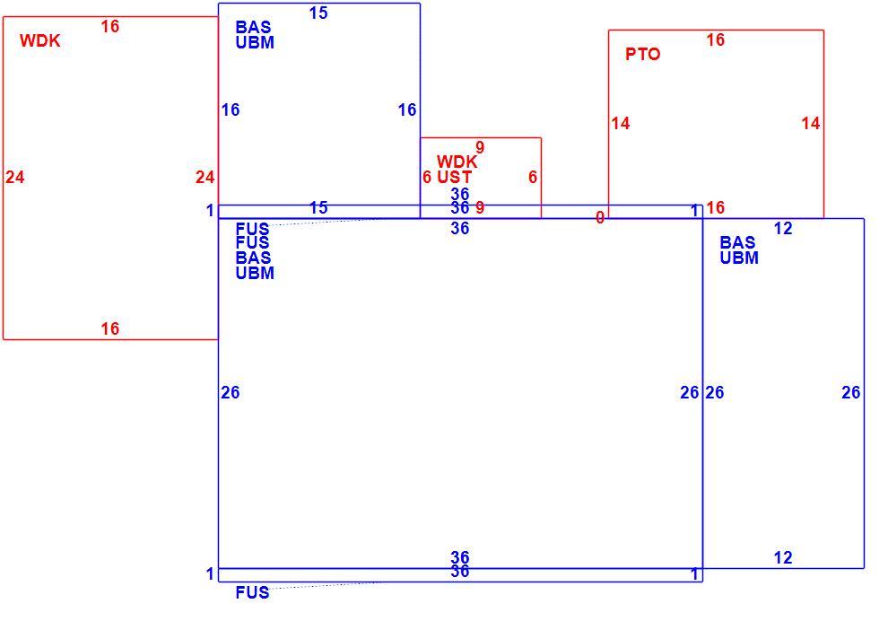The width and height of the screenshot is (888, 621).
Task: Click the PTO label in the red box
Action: pos(643,55)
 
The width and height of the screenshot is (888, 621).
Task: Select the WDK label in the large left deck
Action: pos(39,40)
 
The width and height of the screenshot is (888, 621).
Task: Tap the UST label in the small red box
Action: pos(454,178)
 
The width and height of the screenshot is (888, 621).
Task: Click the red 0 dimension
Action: pos(600,217)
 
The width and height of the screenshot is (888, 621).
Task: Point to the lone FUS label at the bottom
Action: pos(253,592)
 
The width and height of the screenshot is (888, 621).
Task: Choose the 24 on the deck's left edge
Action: pos(15,178)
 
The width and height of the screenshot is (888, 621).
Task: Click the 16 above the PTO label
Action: pos(715,39)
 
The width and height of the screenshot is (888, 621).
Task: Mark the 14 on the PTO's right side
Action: pos(811,124)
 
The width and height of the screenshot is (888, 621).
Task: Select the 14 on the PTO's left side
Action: pos(621,124)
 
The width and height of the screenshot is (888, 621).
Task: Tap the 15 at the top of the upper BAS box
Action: pos(318,13)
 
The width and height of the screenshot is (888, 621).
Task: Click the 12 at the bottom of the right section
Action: pos(783,558)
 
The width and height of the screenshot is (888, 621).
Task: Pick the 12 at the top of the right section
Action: pos(783,229)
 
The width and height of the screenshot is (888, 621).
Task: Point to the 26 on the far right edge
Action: pos(851,393)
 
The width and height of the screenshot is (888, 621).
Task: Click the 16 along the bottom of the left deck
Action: pos(109,328)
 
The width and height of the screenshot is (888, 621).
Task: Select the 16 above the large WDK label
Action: pos(109,26)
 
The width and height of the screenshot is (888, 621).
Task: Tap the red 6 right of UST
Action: pos(532,178)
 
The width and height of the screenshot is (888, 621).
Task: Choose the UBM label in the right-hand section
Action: pos(739,258)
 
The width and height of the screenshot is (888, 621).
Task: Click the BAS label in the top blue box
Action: pos(253,27)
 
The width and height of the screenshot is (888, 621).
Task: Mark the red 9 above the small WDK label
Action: pos(480,148)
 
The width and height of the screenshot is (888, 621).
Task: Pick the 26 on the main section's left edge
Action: pos(231,393)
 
